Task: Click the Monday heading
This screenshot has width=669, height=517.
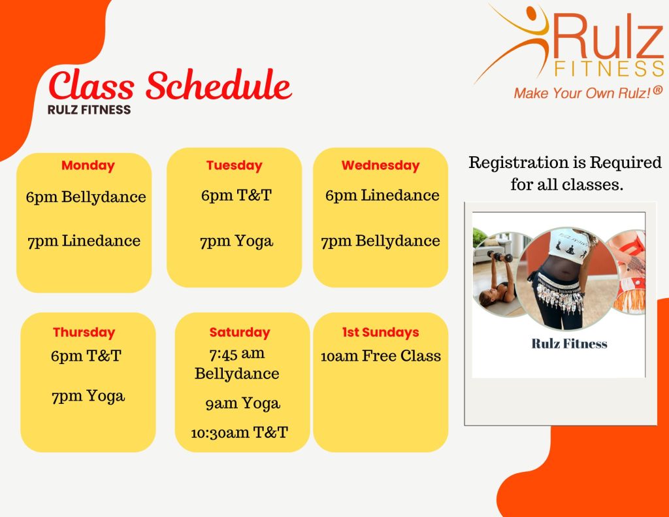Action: click(x=88, y=165)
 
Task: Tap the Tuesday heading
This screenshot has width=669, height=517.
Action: click(x=235, y=165)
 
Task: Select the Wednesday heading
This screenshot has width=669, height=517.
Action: click(x=381, y=165)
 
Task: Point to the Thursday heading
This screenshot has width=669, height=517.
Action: click(x=84, y=333)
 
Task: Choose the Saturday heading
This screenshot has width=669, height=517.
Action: click(x=240, y=333)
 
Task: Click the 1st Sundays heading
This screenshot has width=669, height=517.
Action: click(x=381, y=332)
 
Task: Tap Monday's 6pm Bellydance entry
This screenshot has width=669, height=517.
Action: click(x=86, y=197)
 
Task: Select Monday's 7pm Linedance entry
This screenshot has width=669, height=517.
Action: click(x=84, y=241)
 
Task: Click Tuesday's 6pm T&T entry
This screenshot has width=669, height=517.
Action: click(x=237, y=195)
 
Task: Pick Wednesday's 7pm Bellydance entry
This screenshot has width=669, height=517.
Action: click(x=381, y=241)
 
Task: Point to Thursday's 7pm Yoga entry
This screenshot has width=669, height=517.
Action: click(x=88, y=397)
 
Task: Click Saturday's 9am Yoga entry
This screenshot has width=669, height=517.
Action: click(x=243, y=404)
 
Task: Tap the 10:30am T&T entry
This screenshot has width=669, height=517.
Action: click(x=239, y=433)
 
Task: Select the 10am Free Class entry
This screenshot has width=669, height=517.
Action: click(x=381, y=356)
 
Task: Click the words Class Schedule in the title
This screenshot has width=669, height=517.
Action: click(x=171, y=85)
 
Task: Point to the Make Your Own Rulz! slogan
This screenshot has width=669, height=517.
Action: click(x=588, y=93)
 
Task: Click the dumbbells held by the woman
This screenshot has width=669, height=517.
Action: click(x=500, y=256)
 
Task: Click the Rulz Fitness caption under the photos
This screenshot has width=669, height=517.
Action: click(x=569, y=344)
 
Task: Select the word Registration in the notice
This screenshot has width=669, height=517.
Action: click(x=519, y=163)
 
